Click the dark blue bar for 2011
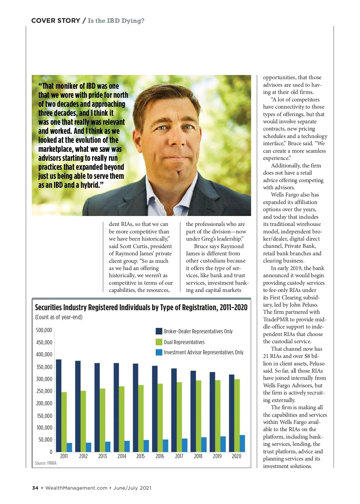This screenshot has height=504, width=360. (59, 405)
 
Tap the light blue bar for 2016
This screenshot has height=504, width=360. (165, 445)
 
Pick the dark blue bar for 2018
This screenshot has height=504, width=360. (193, 411)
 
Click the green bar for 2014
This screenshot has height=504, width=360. (121, 419)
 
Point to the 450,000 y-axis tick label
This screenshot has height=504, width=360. (44, 342)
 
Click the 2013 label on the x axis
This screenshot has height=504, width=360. (103, 456)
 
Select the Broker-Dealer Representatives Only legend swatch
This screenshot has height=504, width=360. (159, 331)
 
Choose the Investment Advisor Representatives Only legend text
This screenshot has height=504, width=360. (203, 352)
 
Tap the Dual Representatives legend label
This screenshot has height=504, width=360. (184, 342)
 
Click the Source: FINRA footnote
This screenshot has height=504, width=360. (46, 463)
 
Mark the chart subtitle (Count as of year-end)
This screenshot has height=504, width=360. (59, 317)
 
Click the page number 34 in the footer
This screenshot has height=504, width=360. (35, 488)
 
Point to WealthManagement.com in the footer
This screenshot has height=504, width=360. (76, 488)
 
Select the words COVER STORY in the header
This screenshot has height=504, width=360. (55, 21)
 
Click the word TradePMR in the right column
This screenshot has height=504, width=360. (276, 319)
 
